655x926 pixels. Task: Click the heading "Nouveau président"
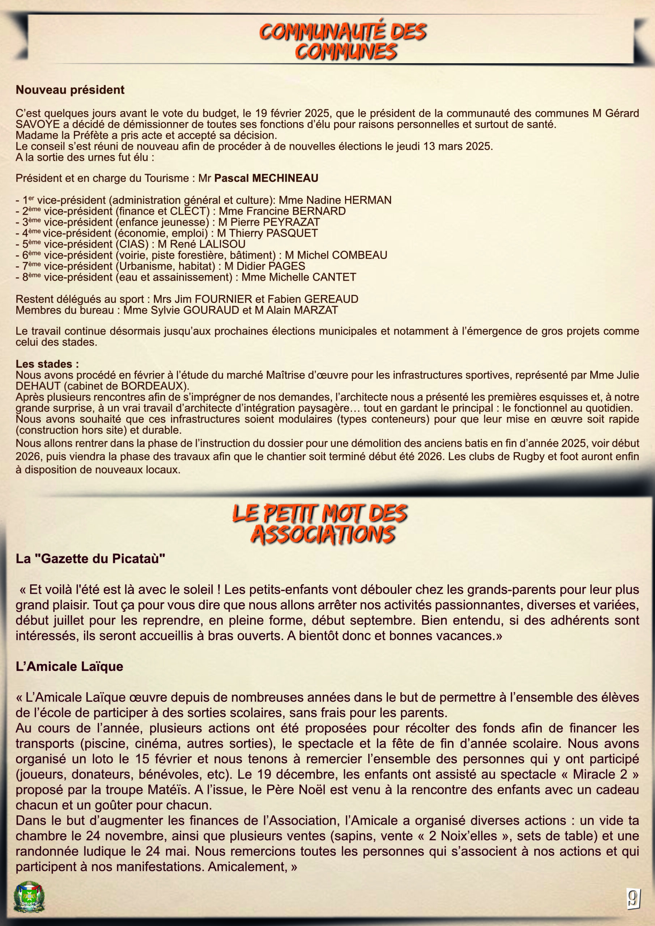click(70, 90)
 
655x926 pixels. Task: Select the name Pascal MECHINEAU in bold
click(266, 178)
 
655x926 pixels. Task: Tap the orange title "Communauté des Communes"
click(343, 42)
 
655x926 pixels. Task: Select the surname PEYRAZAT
click(291, 222)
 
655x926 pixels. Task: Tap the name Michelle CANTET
click(312, 277)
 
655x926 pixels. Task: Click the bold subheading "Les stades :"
click(47, 364)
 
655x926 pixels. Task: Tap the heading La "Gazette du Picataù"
click(90, 558)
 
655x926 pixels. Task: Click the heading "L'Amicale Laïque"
click(69, 666)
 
